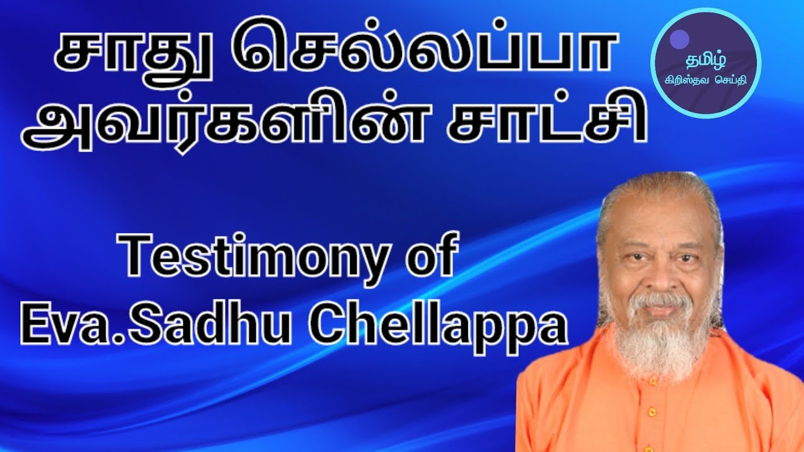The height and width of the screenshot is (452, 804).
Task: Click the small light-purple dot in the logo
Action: [678, 40]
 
